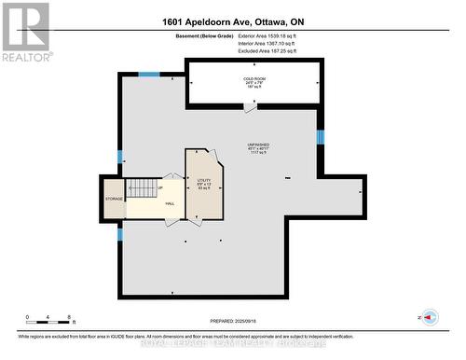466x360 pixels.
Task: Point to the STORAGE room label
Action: (115, 199)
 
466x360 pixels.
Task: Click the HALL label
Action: (170, 203)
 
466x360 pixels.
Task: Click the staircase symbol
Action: (144, 187)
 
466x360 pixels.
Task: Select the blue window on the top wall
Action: (149, 74)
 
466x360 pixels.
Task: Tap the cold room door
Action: (250, 108)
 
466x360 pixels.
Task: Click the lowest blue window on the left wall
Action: (119, 234)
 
